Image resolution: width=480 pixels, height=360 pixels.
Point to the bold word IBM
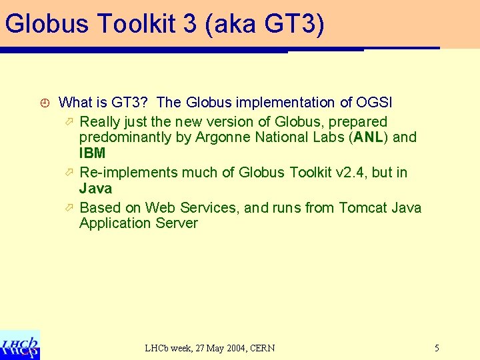(x=92, y=153)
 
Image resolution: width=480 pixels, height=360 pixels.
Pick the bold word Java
(x=95, y=188)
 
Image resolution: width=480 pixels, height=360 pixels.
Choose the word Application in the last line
(x=115, y=223)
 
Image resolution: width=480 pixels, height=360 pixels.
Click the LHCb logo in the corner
(x=20, y=345)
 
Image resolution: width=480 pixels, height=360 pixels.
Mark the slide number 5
(x=437, y=347)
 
